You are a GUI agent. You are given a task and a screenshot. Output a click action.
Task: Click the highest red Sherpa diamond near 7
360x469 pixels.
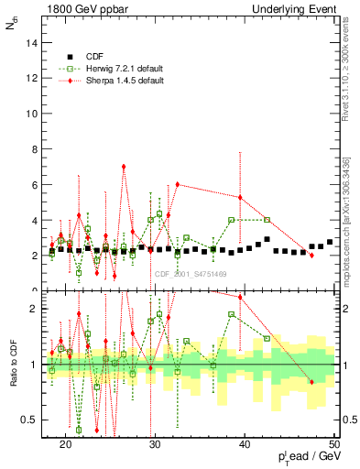124,167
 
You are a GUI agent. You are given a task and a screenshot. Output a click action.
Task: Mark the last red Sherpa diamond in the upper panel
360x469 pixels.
312,255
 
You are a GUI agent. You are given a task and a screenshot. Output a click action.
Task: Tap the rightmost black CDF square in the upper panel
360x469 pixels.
330,242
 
